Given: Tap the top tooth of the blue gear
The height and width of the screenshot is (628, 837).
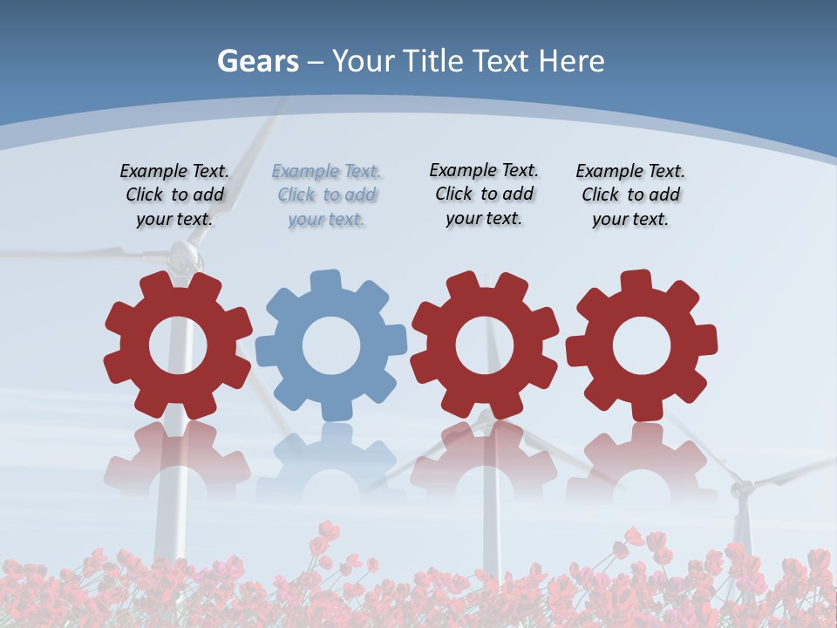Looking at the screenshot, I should [325, 281].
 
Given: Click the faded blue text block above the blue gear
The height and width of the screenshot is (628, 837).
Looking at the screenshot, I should [326, 195].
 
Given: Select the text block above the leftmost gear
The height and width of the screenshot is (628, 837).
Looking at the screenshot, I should [174, 195].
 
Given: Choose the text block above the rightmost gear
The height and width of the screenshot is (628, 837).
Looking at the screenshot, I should [630, 195].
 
